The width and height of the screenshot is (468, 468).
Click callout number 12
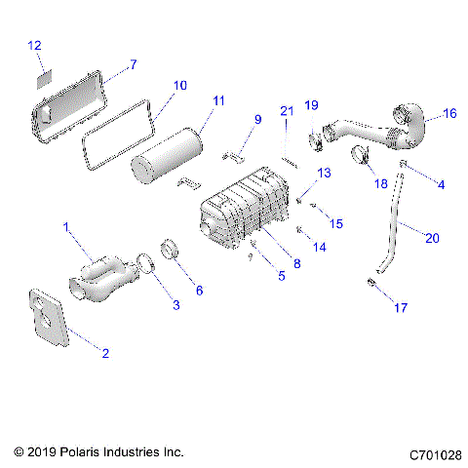[x=35, y=45]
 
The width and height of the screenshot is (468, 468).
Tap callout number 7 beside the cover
[x=134, y=63]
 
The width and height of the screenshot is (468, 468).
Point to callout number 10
[x=179, y=85]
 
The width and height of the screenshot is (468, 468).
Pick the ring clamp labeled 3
[x=143, y=264]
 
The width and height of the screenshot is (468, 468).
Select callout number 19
[x=312, y=104]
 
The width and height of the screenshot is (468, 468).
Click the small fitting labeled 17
[x=371, y=282]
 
